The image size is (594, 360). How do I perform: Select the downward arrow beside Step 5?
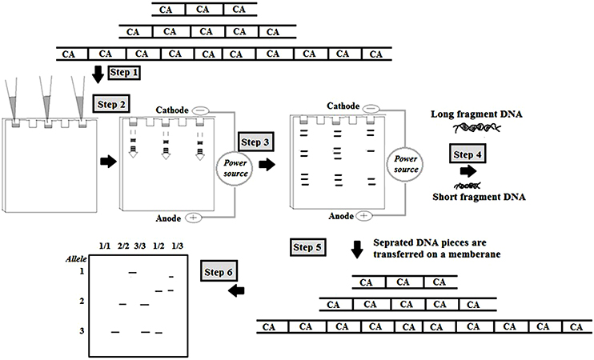[x=357, y=250]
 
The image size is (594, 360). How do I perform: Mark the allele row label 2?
[x=82, y=300]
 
